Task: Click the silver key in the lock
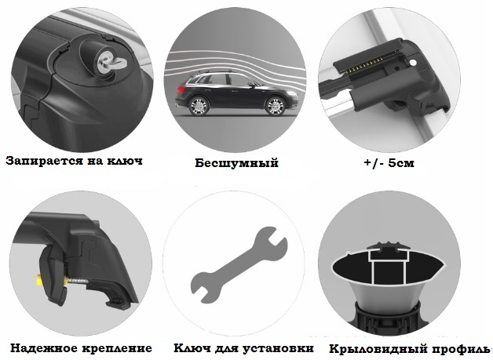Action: [x=111, y=61]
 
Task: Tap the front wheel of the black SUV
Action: [x=275, y=106]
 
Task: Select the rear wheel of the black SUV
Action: [x=199, y=106]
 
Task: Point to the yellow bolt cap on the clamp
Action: [x=40, y=280]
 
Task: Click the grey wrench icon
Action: [x=239, y=264]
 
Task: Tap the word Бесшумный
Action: [x=236, y=163]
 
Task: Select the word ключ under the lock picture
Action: [x=125, y=161]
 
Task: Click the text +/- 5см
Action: [x=389, y=162]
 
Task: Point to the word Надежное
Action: [x=44, y=348]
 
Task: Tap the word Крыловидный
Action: [x=378, y=349]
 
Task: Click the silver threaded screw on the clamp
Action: [x=77, y=280]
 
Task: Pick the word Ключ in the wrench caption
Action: [x=192, y=348]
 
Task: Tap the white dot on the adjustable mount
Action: [x=413, y=64]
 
